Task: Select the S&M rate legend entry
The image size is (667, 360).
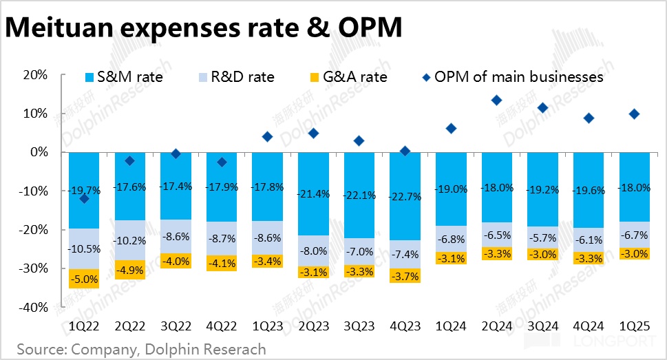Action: click(x=123, y=76)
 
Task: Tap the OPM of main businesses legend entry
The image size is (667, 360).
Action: click(x=511, y=76)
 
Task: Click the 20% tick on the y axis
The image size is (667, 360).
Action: click(x=34, y=74)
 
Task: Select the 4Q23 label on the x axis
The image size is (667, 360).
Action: click(x=405, y=324)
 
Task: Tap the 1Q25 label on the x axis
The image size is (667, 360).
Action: click(x=634, y=324)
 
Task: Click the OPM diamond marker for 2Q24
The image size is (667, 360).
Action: click(x=496, y=100)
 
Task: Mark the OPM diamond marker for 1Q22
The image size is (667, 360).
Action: click(x=84, y=199)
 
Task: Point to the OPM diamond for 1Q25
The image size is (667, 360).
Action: click(x=634, y=114)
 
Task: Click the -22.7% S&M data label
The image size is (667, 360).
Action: click(x=405, y=198)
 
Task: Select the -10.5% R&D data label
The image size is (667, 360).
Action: click(x=84, y=249)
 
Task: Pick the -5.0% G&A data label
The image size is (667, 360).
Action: click(x=84, y=279)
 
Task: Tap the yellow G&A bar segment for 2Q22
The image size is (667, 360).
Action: click(x=129, y=269)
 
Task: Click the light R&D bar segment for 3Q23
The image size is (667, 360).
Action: click(x=359, y=251)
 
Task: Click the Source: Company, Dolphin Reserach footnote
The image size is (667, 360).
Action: click(x=141, y=349)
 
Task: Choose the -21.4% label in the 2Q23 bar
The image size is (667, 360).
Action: click(x=313, y=194)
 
